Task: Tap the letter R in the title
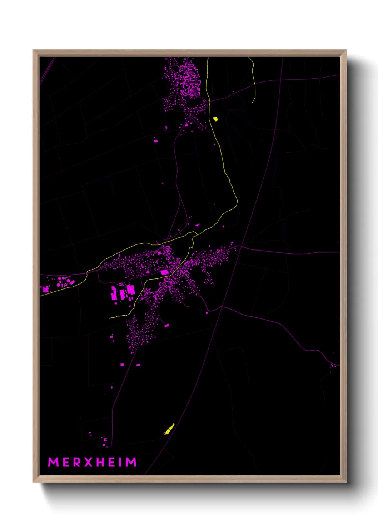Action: coord(76,462)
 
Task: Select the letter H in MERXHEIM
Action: coord(100,462)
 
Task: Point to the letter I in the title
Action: coord(120,462)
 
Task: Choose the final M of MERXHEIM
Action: coord(131,462)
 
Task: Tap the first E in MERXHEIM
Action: coord(66,462)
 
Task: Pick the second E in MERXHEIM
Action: coord(111,462)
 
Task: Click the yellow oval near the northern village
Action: coord(215,119)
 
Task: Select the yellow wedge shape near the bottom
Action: coord(169,429)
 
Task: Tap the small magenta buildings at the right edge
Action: coord(333,365)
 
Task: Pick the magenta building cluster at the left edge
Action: coord(45,289)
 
